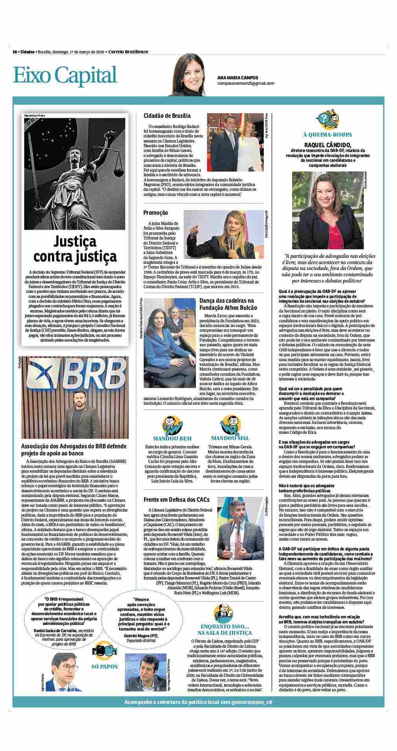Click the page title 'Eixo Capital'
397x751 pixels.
[x=65, y=75]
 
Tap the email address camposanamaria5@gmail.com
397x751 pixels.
[x=246, y=84]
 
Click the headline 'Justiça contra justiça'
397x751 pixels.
[x=75, y=249]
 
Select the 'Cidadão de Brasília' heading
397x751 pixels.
[x=167, y=116]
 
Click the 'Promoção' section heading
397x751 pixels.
[x=156, y=213]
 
